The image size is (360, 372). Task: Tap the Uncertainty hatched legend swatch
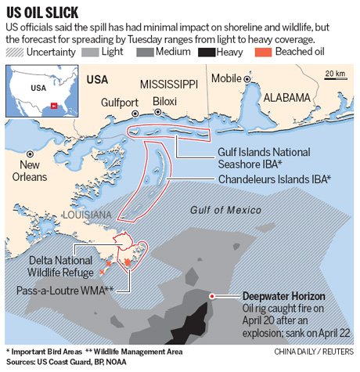(x=16, y=51)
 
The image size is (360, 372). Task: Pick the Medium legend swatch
(x=146, y=51)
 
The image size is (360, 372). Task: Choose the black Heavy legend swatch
(x=207, y=51)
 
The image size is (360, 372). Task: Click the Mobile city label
(x=226, y=78)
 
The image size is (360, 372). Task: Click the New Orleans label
(x=30, y=172)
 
